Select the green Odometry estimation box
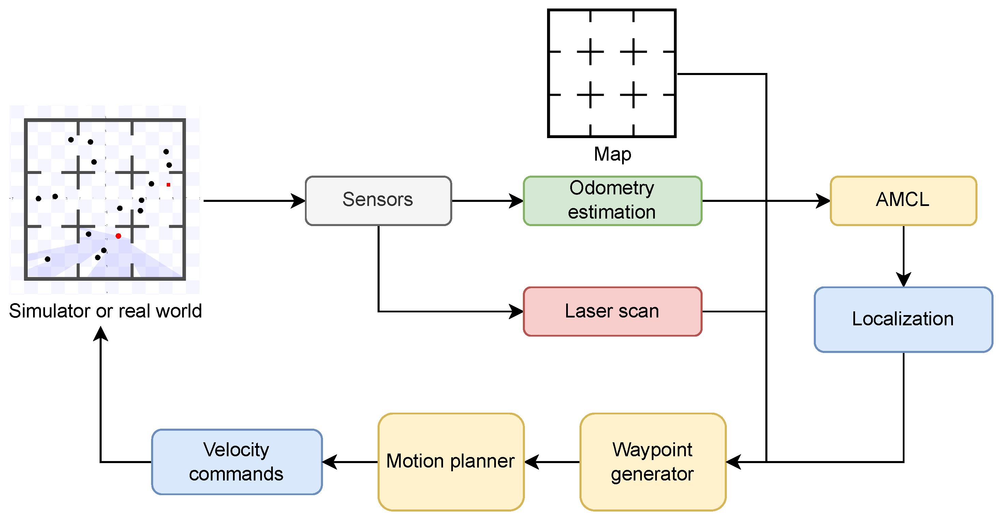click(612, 201)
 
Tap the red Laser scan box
click(612, 311)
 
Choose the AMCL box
click(903, 201)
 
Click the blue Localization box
click(903, 319)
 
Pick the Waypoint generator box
click(652, 462)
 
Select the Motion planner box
click(451, 462)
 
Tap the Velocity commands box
click(237, 462)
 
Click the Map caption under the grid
click(612, 154)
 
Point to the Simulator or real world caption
click(105, 311)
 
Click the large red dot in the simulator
click(118, 236)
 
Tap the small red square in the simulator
click(168, 185)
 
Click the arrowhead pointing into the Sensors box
click(298, 201)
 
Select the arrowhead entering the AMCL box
click(823, 201)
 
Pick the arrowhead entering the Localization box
click(903, 279)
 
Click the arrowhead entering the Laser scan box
click(516, 311)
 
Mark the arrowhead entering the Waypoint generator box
click(734, 462)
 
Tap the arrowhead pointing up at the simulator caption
click(101, 334)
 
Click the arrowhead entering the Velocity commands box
click(330, 462)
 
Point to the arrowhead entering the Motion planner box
click(532, 462)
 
